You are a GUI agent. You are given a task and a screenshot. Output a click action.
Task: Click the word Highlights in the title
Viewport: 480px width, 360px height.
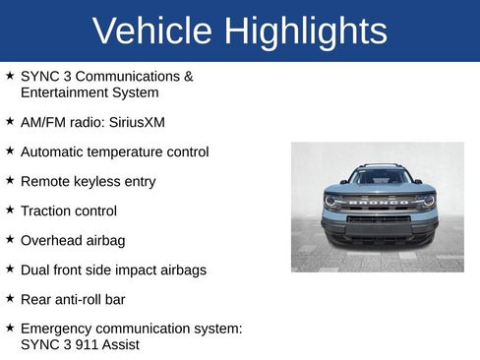[x=305, y=31]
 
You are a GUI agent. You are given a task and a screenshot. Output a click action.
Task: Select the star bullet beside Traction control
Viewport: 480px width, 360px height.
[x=10, y=210]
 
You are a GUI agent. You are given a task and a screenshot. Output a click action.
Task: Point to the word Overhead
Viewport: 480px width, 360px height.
[x=52, y=240]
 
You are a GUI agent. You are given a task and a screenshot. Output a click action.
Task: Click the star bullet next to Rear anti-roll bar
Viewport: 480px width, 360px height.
[x=10, y=298]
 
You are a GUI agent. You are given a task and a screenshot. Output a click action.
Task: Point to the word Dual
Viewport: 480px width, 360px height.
[x=35, y=270]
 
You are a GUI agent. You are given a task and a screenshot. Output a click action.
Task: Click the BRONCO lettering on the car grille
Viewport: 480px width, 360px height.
[x=379, y=203]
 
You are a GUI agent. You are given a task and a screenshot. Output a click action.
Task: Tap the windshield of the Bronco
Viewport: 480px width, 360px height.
[x=380, y=178]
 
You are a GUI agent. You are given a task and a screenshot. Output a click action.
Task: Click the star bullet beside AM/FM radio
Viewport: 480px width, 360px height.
[x=10, y=121]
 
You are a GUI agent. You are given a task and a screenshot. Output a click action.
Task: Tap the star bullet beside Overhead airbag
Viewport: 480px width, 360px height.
[x=10, y=239]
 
